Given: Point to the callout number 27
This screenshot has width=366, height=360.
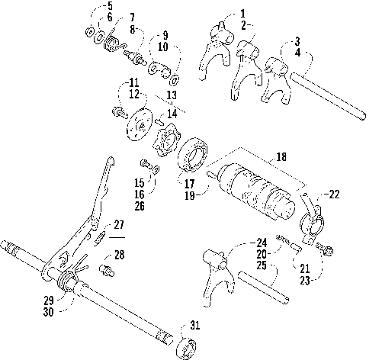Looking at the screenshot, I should (118, 225).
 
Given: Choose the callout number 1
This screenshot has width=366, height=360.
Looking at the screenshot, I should (242, 13).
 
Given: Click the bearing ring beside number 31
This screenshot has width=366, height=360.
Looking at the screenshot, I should (184, 347).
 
